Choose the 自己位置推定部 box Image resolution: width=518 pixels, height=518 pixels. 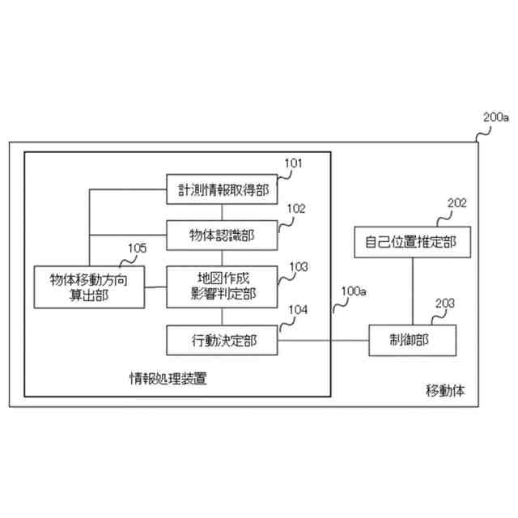pos(411,241)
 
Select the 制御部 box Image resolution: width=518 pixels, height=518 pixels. pos(411,340)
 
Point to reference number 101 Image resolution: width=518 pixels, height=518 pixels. pos(293,163)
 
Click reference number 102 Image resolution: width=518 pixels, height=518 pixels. pos(296,208)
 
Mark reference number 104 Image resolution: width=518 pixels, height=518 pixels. pos(298,310)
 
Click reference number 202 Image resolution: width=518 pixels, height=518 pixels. pos(457,203)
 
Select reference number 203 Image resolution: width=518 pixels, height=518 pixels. pos(444,304)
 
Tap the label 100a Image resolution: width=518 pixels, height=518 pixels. pos(354,290)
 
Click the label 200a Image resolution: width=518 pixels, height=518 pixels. pos(495,117)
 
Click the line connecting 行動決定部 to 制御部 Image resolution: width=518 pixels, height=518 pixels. pos(324,340)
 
